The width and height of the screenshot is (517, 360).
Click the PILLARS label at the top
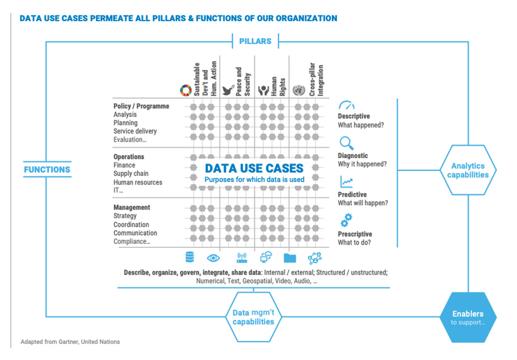click(x=255, y=41)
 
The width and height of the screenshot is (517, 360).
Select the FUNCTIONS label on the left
click(x=47, y=169)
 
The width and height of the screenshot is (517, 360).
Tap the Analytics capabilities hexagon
click(x=467, y=170)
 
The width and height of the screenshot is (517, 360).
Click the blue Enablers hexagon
click(x=467, y=317)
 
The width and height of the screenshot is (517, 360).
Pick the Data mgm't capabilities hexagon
click(x=253, y=317)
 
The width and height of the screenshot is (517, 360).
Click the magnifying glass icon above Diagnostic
click(x=346, y=143)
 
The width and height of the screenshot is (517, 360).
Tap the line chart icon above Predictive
click(x=346, y=182)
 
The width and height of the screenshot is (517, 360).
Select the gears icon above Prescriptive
click(x=346, y=220)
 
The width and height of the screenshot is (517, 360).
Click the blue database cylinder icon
click(x=190, y=257)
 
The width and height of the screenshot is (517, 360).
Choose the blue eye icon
click(x=213, y=257)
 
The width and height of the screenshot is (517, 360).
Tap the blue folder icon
click(x=290, y=257)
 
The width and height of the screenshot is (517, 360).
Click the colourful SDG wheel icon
click(x=186, y=90)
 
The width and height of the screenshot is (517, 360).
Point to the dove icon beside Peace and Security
click(x=227, y=91)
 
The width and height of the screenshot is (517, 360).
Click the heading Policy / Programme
click(x=141, y=106)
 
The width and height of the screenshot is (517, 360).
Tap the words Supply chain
click(x=131, y=174)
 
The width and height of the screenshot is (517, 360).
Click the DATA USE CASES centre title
click(x=254, y=168)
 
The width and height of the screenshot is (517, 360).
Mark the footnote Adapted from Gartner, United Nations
click(x=70, y=342)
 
